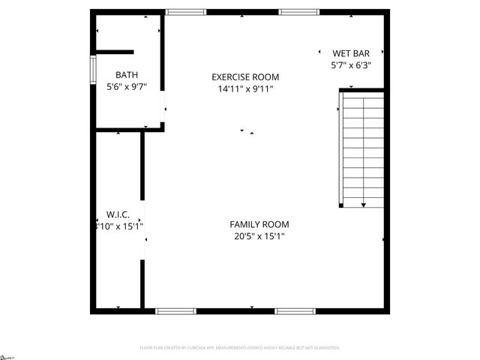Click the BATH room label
pos(126,75)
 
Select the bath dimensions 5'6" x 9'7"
pos(126,87)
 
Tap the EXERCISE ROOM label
pos(245,77)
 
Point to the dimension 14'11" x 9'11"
pos(245,89)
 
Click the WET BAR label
pos(351,53)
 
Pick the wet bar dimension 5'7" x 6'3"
pos(351,65)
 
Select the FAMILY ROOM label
pos(259,224)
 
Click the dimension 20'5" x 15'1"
pos(259,236)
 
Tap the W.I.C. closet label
pos(118,214)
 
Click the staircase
pos(364,148)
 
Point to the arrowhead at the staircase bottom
pos(364,204)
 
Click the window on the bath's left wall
pos(93,68)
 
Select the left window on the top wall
pos(185,12)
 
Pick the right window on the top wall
pos(298,12)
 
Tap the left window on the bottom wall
pos(175,310)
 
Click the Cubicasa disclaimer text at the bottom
pos(240,348)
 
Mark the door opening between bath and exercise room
pos(164,112)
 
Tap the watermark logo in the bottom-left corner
pos(7,355)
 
